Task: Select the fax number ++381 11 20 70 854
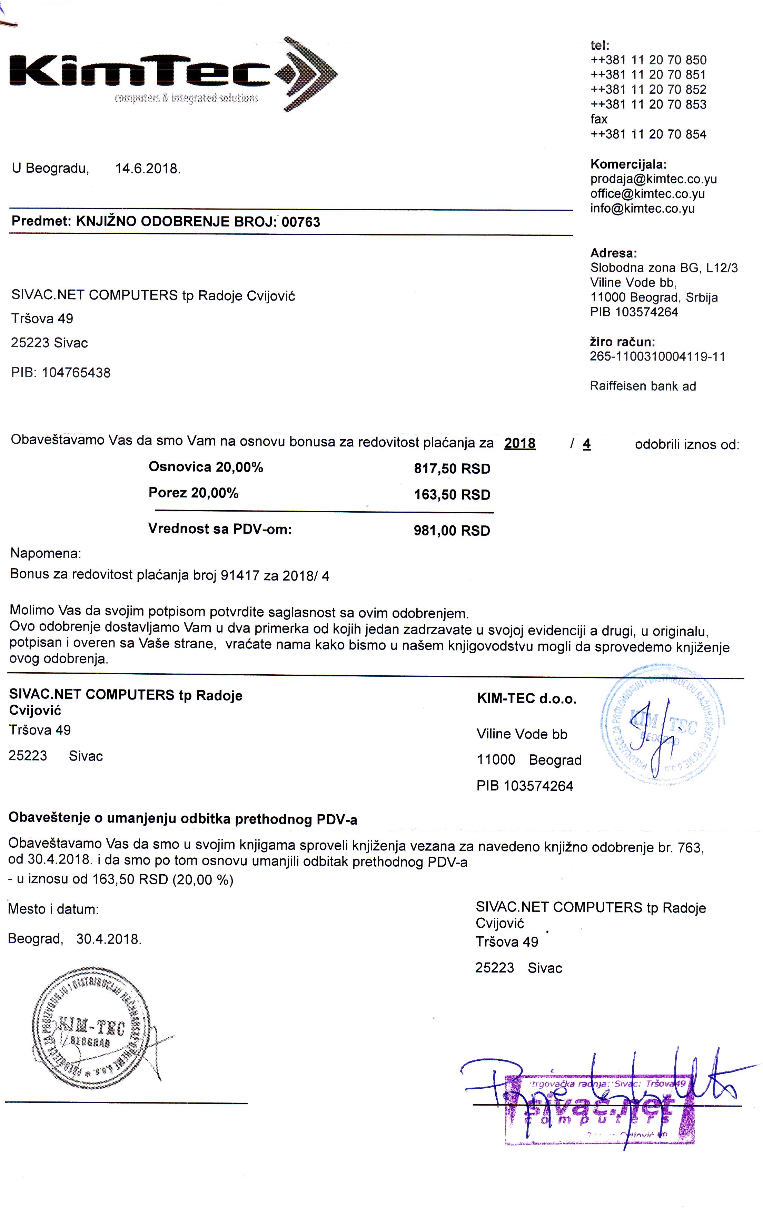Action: point(648,134)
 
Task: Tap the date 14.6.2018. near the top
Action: point(148,168)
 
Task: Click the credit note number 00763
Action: point(300,222)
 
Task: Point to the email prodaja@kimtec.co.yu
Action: point(653,179)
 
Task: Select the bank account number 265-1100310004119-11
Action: point(657,357)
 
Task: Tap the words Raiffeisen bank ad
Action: point(643,386)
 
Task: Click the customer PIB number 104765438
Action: point(76,373)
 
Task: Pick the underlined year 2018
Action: point(519,443)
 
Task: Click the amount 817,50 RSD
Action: point(452,469)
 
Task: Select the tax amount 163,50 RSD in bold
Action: point(452,495)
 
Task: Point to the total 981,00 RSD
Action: point(452,531)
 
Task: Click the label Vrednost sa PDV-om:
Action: point(220,529)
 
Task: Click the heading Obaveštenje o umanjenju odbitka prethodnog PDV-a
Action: point(183,819)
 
